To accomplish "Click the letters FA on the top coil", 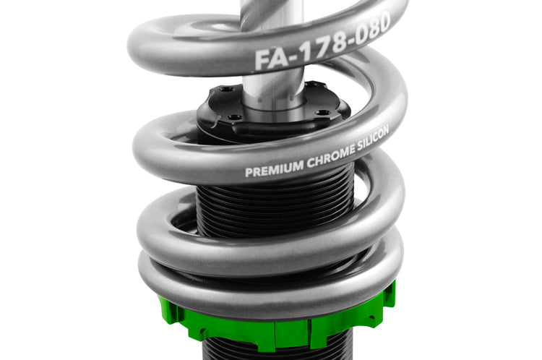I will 268,58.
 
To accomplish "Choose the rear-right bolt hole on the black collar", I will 311,86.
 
